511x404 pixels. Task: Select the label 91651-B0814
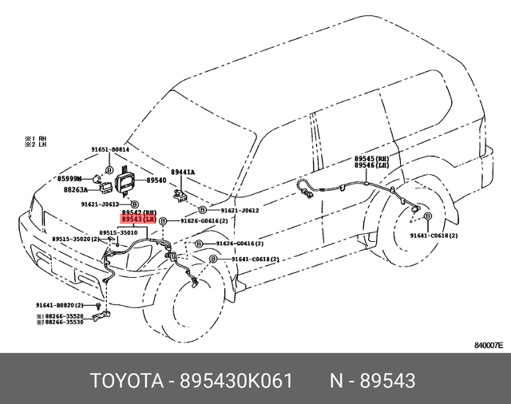[109, 149]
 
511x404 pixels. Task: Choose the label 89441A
[183, 172]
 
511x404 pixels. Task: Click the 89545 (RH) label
[370, 160]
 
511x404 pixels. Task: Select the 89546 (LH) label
[370, 168]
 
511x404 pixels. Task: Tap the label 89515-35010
[118, 232]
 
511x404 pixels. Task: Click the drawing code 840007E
[488, 347]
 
